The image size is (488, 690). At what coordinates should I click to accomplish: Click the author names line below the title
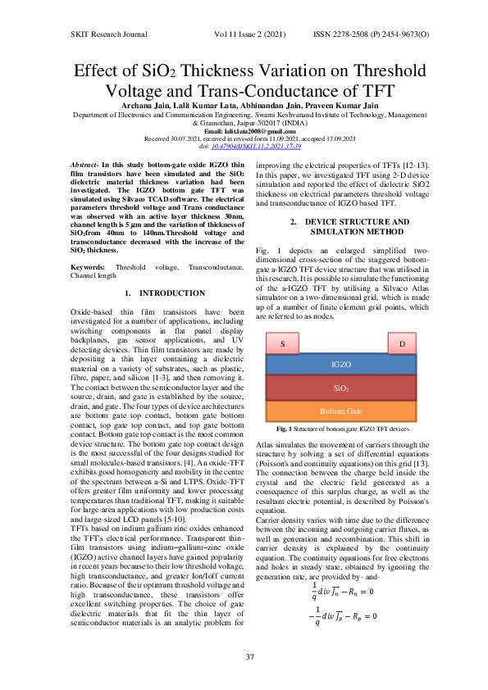(244, 107)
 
